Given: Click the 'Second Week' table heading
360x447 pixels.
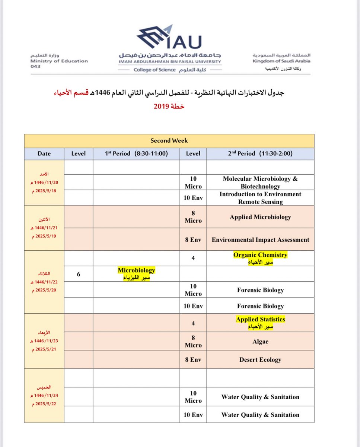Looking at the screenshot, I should [169, 140].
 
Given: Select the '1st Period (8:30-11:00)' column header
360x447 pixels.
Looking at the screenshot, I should [136, 153].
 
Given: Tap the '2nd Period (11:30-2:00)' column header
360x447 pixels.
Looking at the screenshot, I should [260, 153].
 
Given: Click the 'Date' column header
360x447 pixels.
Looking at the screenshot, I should [44, 153].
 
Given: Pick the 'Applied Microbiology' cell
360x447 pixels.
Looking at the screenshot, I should [260, 217].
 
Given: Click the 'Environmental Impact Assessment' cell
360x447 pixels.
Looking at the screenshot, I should [260, 240].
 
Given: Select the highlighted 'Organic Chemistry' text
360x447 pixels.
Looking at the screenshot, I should [260, 255].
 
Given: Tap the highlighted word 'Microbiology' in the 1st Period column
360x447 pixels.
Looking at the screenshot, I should [136, 270].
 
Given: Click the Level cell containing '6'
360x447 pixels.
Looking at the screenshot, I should [79, 274].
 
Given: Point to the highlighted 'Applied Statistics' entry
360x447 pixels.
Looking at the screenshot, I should [260, 320].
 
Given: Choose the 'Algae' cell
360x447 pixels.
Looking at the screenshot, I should [260, 341].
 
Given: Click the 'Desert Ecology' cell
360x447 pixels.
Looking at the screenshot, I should [260, 360].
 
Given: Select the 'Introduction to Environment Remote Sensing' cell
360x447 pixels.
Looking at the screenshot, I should [260, 198].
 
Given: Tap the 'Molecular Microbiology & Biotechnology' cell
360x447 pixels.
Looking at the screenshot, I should [260, 182].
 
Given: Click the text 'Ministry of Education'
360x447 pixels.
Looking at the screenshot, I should [59, 61].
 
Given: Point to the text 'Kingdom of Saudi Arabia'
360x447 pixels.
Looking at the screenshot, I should [281, 61].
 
